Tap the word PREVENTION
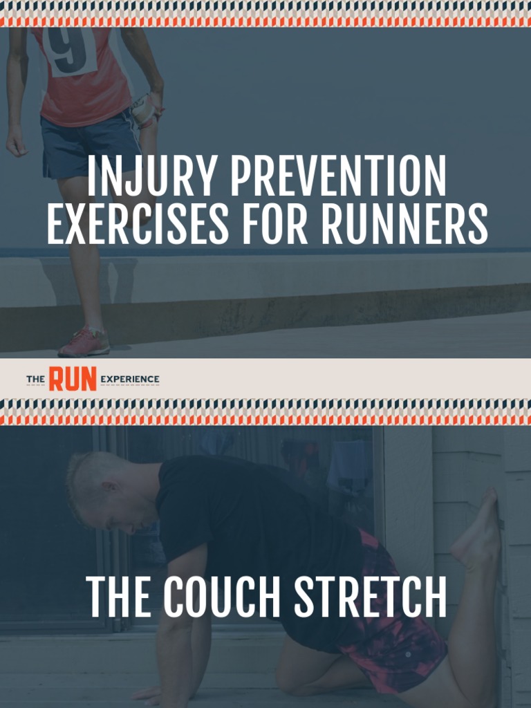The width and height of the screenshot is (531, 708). pyautogui.click(x=338, y=178)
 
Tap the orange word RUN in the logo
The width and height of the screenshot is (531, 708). pyautogui.click(x=73, y=379)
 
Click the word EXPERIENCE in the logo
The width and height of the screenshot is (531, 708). pyautogui.click(x=129, y=380)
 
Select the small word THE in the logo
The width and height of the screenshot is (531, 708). pyautogui.click(x=35, y=380)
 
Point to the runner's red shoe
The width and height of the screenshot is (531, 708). pyautogui.click(x=84, y=343)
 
